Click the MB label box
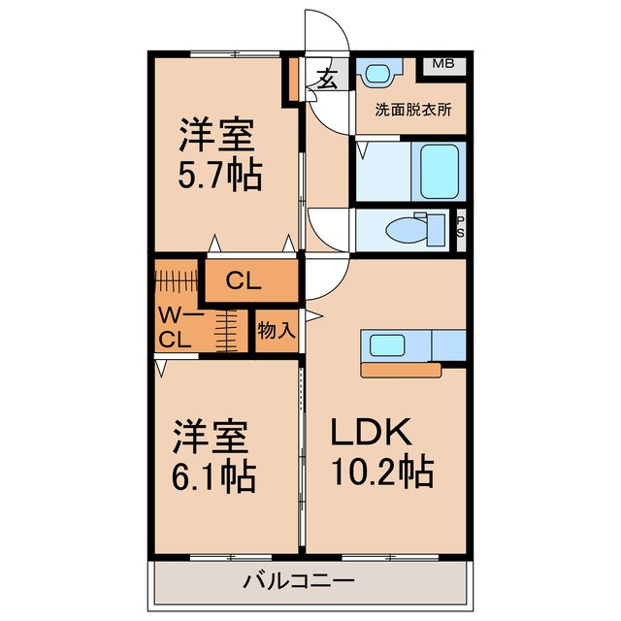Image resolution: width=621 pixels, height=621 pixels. (442, 64)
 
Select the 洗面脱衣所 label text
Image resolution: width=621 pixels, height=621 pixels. (413, 110)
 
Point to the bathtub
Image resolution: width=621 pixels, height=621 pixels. (438, 170)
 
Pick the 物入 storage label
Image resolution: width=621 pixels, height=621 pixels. (276, 330)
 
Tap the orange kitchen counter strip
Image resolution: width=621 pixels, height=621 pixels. (412, 370)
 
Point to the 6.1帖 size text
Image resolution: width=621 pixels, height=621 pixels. (213, 474)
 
